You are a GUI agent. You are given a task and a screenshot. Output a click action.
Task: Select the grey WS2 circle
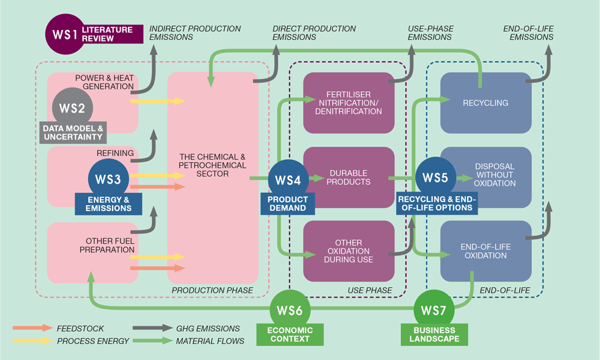pyautogui.click(x=72, y=108)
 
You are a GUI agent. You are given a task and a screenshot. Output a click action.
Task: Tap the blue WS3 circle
pyautogui.click(x=108, y=179)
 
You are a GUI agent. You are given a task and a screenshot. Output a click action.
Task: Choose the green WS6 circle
pyautogui.click(x=290, y=310)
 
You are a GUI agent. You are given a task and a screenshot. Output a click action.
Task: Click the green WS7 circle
pyautogui.click(x=434, y=310)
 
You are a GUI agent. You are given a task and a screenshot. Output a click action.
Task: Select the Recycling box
pyautogui.click(x=486, y=102)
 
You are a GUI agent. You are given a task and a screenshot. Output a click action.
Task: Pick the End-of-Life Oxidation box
pyautogui.click(x=486, y=251)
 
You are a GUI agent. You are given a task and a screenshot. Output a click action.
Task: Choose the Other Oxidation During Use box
pyautogui.click(x=349, y=251)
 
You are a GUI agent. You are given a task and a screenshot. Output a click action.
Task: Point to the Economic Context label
pyautogui.click(x=290, y=335)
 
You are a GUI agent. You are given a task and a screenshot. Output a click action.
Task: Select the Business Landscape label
pyautogui.click(x=434, y=335)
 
